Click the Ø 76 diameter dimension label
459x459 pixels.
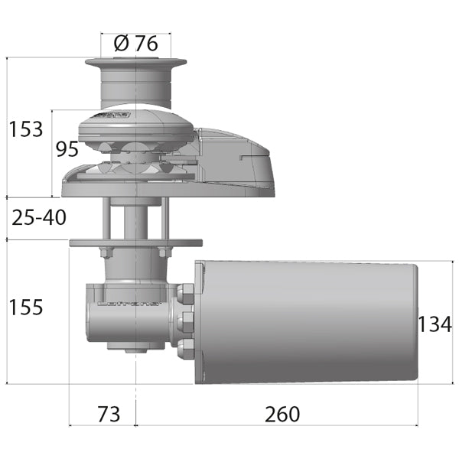(x=135, y=44)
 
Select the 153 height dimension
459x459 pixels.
(x=26, y=129)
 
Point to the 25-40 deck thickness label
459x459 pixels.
(x=39, y=217)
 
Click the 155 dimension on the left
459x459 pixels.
(x=26, y=308)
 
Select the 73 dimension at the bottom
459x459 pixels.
(x=109, y=414)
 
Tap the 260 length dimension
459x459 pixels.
(x=282, y=414)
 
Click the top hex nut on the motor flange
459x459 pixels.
(x=186, y=292)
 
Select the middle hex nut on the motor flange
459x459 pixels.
(x=186, y=320)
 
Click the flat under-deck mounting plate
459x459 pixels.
(x=135, y=243)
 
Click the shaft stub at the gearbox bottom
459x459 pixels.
(x=135, y=350)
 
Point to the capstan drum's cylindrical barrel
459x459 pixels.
(x=135, y=88)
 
